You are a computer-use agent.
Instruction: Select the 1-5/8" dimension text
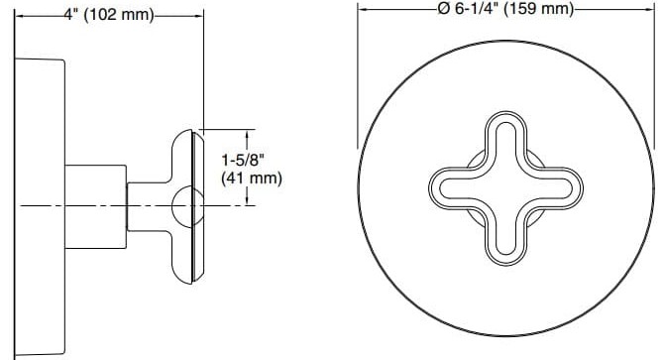250,159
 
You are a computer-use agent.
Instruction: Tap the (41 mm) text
250,179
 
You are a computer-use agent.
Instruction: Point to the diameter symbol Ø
443,8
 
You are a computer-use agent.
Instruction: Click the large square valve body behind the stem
96,205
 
